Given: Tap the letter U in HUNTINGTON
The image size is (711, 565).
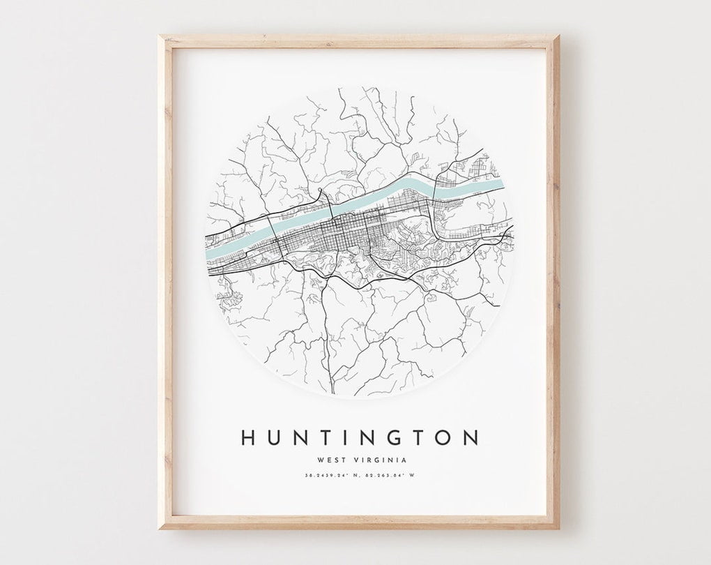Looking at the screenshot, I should tap(275, 437).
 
